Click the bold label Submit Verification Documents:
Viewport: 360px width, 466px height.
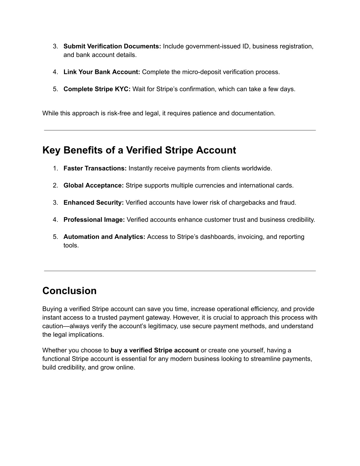coord(112,46)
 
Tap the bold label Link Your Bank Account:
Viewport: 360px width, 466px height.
coord(102,72)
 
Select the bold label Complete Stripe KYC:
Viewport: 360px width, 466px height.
coord(97,89)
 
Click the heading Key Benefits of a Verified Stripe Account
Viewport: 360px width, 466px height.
coord(139,151)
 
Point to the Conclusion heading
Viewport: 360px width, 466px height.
coord(69,291)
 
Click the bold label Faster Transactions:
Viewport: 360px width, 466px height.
coord(95,168)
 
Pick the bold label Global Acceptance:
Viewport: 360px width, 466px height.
coord(94,186)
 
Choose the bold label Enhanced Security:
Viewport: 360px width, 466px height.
coord(94,203)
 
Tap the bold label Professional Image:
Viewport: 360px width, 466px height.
coord(94,220)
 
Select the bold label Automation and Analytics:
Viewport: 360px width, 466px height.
coord(104,237)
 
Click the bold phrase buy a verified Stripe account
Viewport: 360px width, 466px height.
coord(155,350)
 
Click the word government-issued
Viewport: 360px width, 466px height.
coord(210,46)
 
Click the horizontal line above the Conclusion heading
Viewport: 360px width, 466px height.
coord(180,271)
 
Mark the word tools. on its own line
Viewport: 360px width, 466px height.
coord(71,245)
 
